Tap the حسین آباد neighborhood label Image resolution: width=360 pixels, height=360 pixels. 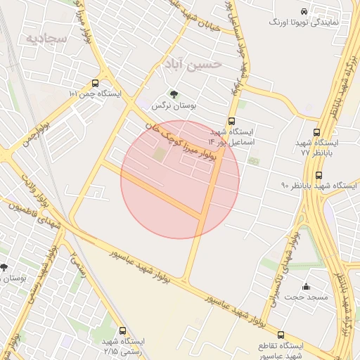(x=193, y=64)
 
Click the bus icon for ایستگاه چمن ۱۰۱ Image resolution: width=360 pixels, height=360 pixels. (x=95, y=83)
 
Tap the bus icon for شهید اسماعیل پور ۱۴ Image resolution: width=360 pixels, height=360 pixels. (x=232, y=120)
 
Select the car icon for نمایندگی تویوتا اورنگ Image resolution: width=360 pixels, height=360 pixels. (x=304, y=12)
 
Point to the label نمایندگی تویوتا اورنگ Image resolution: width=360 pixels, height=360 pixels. (x=304, y=22)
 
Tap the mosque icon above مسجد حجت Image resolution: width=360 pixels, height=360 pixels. (x=306, y=286)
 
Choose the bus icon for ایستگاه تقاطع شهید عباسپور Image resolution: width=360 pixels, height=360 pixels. (x=281, y=335)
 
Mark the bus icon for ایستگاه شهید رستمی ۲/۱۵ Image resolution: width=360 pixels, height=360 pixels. (x=123, y=330)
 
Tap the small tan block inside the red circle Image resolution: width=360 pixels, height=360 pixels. (x=160, y=153)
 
